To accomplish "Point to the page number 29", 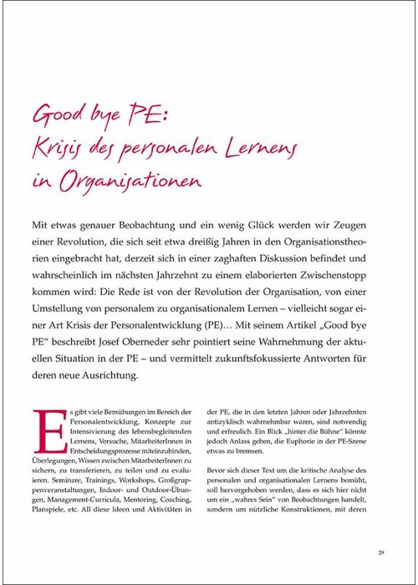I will pos(380,552).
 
